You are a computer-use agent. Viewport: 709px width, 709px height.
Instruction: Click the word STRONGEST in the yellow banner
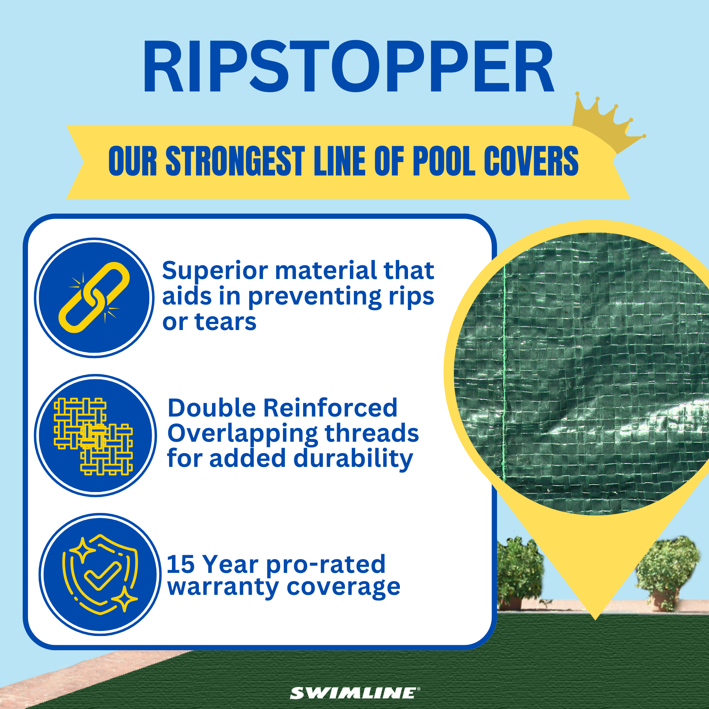[x=235, y=161]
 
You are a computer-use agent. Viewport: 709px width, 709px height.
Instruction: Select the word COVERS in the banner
[x=531, y=161]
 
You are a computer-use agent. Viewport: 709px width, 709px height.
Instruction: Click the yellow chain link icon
[x=94, y=298]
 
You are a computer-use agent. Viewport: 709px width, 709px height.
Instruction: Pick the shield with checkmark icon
[x=100, y=575]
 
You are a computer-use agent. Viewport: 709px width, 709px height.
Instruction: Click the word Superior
[x=215, y=271]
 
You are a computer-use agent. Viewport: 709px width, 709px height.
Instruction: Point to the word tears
[x=225, y=322]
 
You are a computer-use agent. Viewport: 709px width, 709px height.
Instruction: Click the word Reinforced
[x=330, y=408]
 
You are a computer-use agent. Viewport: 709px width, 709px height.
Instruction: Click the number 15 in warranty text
[x=180, y=564]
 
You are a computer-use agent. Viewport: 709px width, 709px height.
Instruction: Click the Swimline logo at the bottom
[x=354, y=693]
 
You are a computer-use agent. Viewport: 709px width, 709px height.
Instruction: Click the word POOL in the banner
[x=444, y=161]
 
